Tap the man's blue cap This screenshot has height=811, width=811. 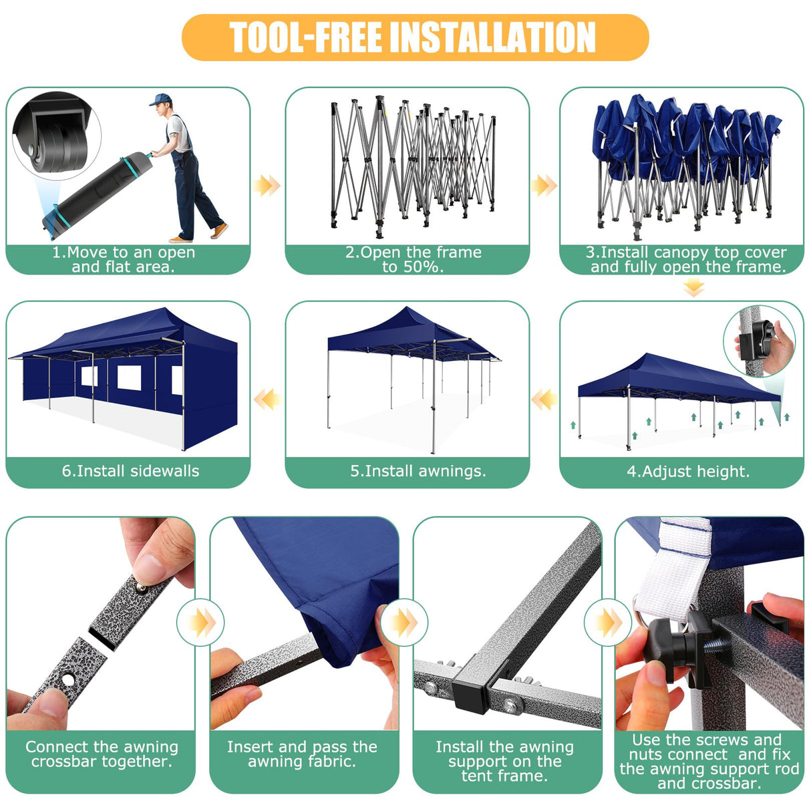point(158,100)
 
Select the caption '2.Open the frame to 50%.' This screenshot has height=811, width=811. point(412,259)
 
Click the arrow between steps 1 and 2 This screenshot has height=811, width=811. point(267,185)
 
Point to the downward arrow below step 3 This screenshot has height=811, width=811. point(694,288)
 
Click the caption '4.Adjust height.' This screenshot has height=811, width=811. point(687,472)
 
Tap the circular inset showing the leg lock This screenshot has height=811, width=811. point(758,341)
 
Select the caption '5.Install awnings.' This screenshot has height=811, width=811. point(418,471)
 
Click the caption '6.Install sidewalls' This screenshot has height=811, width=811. point(130,471)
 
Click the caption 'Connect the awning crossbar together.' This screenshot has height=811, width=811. point(102,754)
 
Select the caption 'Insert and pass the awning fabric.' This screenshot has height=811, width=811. point(302,754)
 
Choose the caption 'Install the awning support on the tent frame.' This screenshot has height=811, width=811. point(504,761)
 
